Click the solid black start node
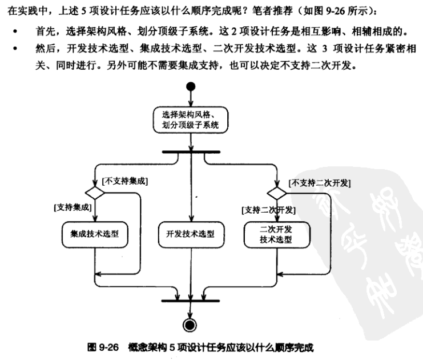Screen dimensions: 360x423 [190, 87]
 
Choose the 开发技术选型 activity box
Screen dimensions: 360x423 [190, 234]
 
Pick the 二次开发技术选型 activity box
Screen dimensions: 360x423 [276, 234]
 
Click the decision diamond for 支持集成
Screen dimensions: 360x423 [95, 193]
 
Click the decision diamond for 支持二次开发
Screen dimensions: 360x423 [276, 193]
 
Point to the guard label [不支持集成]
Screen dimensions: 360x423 [126, 181]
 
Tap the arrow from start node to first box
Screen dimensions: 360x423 [190, 99]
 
